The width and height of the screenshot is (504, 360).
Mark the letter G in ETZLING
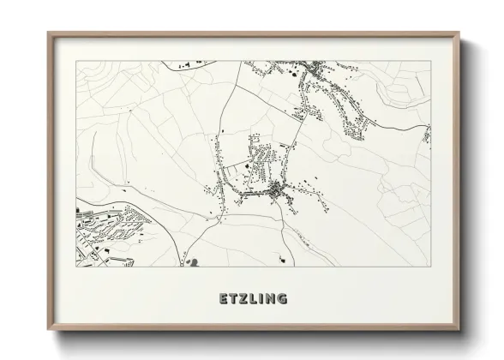(283, 299)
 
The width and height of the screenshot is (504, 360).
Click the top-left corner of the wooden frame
(48, 33)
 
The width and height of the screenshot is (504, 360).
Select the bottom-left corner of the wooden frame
(48, 330)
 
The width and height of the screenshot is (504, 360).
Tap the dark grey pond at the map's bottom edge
(193, 262)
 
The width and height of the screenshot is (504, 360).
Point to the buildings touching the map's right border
(427, 135)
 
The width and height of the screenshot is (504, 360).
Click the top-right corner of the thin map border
(430, 62)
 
